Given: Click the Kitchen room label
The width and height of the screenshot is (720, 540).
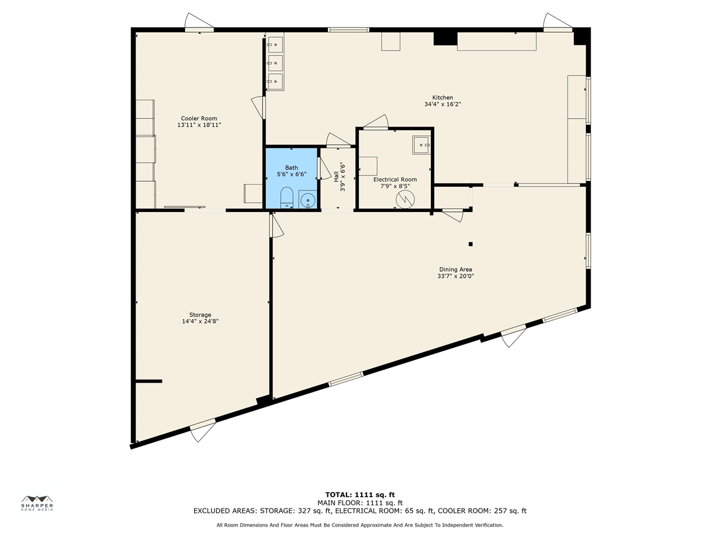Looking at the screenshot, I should click(x=442, y=97).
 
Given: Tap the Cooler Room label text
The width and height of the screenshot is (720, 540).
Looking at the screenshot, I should click(x=199, y=119).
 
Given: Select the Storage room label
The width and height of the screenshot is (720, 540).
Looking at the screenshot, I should click(x=200, y=315).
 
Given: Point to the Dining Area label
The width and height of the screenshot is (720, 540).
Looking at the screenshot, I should click(x=455, y=269).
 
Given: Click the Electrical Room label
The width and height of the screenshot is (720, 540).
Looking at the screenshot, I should click(x=395, y=179).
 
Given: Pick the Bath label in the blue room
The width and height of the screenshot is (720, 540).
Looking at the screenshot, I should click(x=291, y=168).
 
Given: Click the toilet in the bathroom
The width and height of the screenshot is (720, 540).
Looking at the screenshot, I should click(x=287, y=197).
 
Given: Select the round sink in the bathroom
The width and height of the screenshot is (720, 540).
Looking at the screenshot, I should click(x=308, y=200).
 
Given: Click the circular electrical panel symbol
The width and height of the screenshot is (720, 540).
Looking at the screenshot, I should click(x=405, y=199).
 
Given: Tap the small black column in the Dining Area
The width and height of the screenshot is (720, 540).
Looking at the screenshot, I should click(x=470, y=244).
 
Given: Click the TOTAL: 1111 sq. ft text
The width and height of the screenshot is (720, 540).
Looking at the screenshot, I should click(x=360, y=495).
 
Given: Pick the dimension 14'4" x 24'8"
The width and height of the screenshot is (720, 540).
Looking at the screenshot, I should click(x=200, y=322).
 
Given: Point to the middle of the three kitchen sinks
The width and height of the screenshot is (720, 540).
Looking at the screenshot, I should click(x=275, y=62).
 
